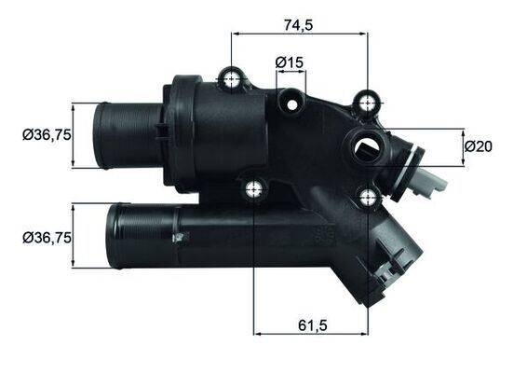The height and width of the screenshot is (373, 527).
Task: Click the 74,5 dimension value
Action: click(298, 25)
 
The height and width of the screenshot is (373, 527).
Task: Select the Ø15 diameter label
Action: click(290, 62)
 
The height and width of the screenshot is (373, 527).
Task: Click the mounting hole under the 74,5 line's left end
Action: click(230, 78)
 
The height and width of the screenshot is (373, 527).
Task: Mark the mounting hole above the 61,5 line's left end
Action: click(253, 191)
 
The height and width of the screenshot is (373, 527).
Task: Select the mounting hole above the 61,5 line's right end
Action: click(368, 196)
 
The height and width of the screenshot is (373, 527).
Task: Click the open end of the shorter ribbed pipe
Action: click(101, 135)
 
